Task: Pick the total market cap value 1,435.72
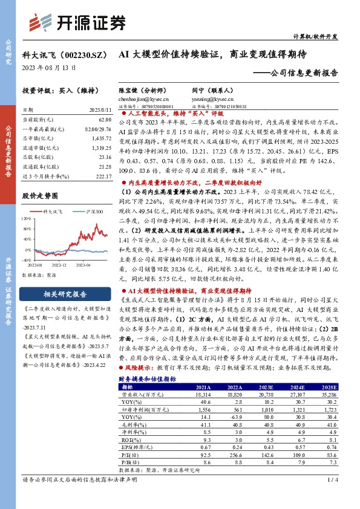tap(102, 138)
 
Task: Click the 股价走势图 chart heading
tap(39, 196)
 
